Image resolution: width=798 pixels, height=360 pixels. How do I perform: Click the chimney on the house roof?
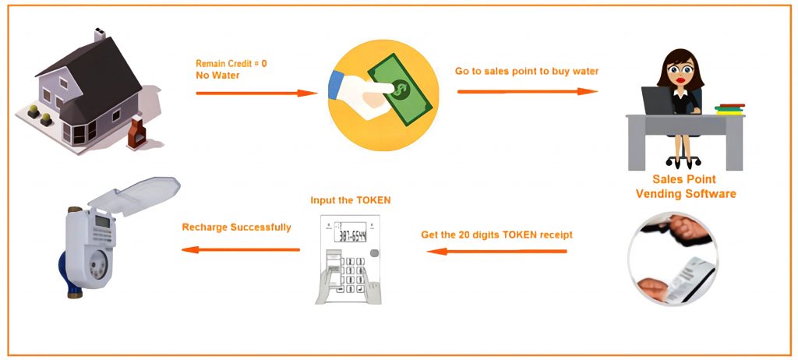100,35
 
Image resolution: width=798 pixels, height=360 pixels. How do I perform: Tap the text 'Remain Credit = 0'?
231,64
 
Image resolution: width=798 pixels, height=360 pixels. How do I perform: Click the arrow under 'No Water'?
256,94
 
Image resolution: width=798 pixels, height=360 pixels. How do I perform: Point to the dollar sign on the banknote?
401,90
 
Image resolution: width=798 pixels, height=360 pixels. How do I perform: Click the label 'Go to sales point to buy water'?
527,71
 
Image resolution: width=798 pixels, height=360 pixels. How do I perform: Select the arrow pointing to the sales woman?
528,92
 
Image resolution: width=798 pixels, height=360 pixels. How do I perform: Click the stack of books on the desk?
729,109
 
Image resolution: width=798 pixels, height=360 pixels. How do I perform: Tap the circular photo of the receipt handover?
673,258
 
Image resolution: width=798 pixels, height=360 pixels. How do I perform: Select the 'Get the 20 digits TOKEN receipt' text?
496,235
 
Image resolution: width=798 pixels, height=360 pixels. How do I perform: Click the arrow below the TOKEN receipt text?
496,251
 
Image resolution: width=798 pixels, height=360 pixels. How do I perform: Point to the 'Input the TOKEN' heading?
351,200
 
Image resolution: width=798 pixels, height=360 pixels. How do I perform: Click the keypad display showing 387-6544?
350,232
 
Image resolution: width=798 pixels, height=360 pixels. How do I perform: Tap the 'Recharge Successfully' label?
237,227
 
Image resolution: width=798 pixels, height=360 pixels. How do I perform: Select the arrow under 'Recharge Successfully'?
241,249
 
